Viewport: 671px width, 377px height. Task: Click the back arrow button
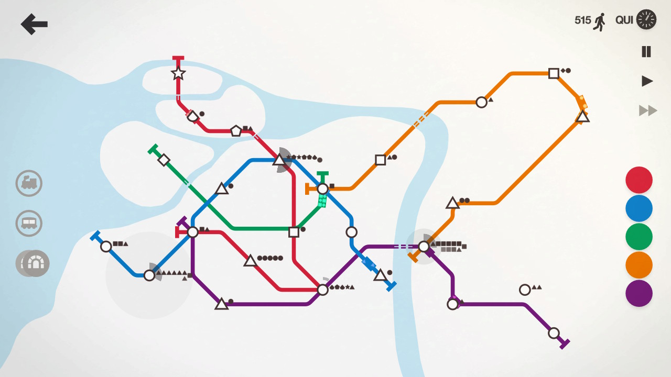(34, 24)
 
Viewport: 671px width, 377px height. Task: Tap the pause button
(646, 51)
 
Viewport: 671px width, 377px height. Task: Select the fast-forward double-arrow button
(648, 110)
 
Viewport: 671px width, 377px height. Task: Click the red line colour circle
(638, 180)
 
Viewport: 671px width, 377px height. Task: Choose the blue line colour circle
(638, 208)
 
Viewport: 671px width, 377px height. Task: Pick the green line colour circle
(638, 237)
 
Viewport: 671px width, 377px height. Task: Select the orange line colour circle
(638, 265)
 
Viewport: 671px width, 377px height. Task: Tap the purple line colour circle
(638, 293)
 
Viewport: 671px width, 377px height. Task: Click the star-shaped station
(178, 73)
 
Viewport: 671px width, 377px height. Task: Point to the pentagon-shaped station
(236, 131)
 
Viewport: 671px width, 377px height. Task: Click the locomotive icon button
(29, 183)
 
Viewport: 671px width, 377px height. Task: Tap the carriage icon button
(29, 224)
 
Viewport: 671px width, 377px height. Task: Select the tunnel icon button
(36, 263)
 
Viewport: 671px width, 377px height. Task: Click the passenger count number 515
(582, 20)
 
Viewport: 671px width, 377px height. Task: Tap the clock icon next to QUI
(646, 20)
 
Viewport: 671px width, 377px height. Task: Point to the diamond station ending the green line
(164, 160)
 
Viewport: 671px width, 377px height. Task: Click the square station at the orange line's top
(554, 73)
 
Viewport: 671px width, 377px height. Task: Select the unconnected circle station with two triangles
(525, 290)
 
